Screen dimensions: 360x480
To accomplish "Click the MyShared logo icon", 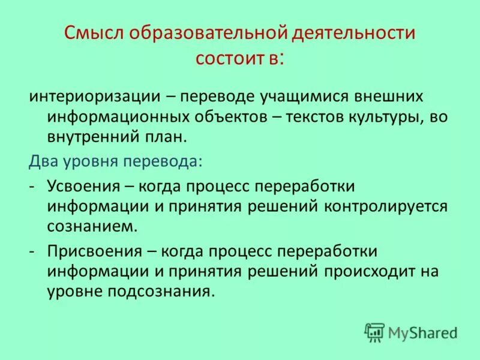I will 374,331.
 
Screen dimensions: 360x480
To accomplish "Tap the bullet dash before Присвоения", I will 31,250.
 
